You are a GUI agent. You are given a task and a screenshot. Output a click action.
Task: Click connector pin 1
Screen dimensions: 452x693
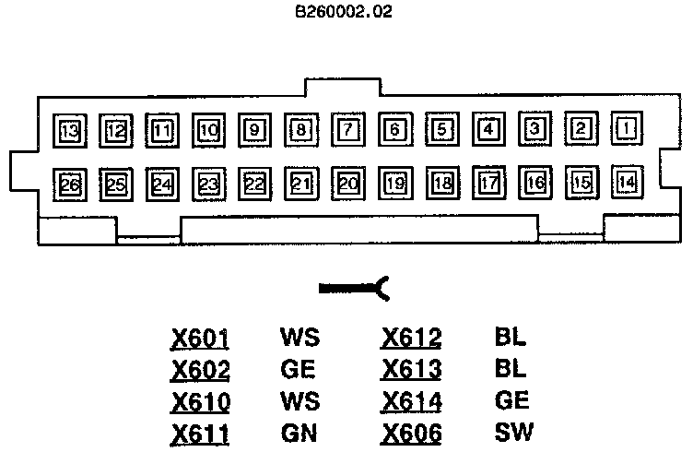click(628, 130)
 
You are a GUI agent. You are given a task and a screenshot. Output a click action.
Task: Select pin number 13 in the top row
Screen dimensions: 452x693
click(69, 130)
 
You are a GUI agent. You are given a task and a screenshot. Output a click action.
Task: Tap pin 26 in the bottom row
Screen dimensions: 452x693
click(69, 184)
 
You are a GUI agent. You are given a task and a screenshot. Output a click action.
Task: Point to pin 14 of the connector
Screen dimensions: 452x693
click(628, 182)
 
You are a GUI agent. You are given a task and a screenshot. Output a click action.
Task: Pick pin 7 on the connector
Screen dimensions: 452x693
click(348, 130)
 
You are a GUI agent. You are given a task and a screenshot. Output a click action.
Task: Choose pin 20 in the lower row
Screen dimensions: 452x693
click(348, 183)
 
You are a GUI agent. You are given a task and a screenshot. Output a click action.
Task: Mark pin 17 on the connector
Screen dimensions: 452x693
click(488, 183)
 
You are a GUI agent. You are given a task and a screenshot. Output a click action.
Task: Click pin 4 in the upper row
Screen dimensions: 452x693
click(488, 130)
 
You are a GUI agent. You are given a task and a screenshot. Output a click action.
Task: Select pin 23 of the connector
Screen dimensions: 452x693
click(209, 184)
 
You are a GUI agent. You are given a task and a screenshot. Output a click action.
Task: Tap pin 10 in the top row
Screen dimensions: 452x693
click(209, 130)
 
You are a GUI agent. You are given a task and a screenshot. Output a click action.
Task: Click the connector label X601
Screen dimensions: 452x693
click(200, 338)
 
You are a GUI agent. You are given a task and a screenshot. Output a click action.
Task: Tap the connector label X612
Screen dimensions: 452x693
click(411, 338)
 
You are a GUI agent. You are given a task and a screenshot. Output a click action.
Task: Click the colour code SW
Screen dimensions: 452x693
click(513, 432)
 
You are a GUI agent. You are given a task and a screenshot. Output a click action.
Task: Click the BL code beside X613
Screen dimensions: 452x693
click(510, 369)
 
